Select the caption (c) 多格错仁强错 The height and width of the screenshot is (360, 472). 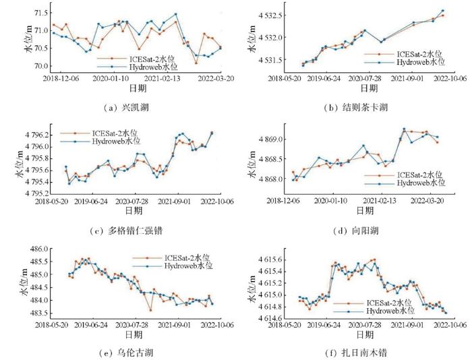point(128,231)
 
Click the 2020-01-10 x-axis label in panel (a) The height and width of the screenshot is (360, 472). point(111,78)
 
